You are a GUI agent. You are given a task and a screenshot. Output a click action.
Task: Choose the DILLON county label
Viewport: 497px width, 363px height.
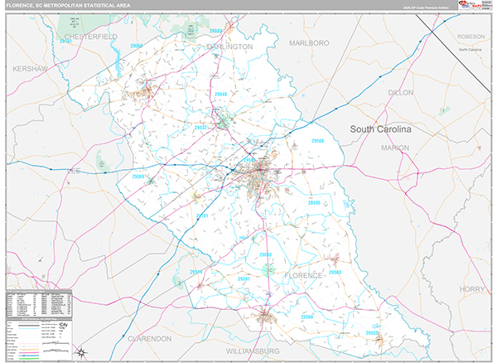point(400,93)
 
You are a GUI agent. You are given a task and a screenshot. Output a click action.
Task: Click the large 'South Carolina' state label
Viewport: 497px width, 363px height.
point(380,129)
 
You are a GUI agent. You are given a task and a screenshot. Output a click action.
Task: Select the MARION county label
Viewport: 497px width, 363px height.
point(394,148)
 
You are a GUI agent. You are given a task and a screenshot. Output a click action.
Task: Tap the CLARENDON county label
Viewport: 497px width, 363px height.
point(150,339)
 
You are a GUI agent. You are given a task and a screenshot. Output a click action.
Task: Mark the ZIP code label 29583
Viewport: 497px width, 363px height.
point(335,272)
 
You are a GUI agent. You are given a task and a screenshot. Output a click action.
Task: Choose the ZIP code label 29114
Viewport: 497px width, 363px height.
point(196,272)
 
